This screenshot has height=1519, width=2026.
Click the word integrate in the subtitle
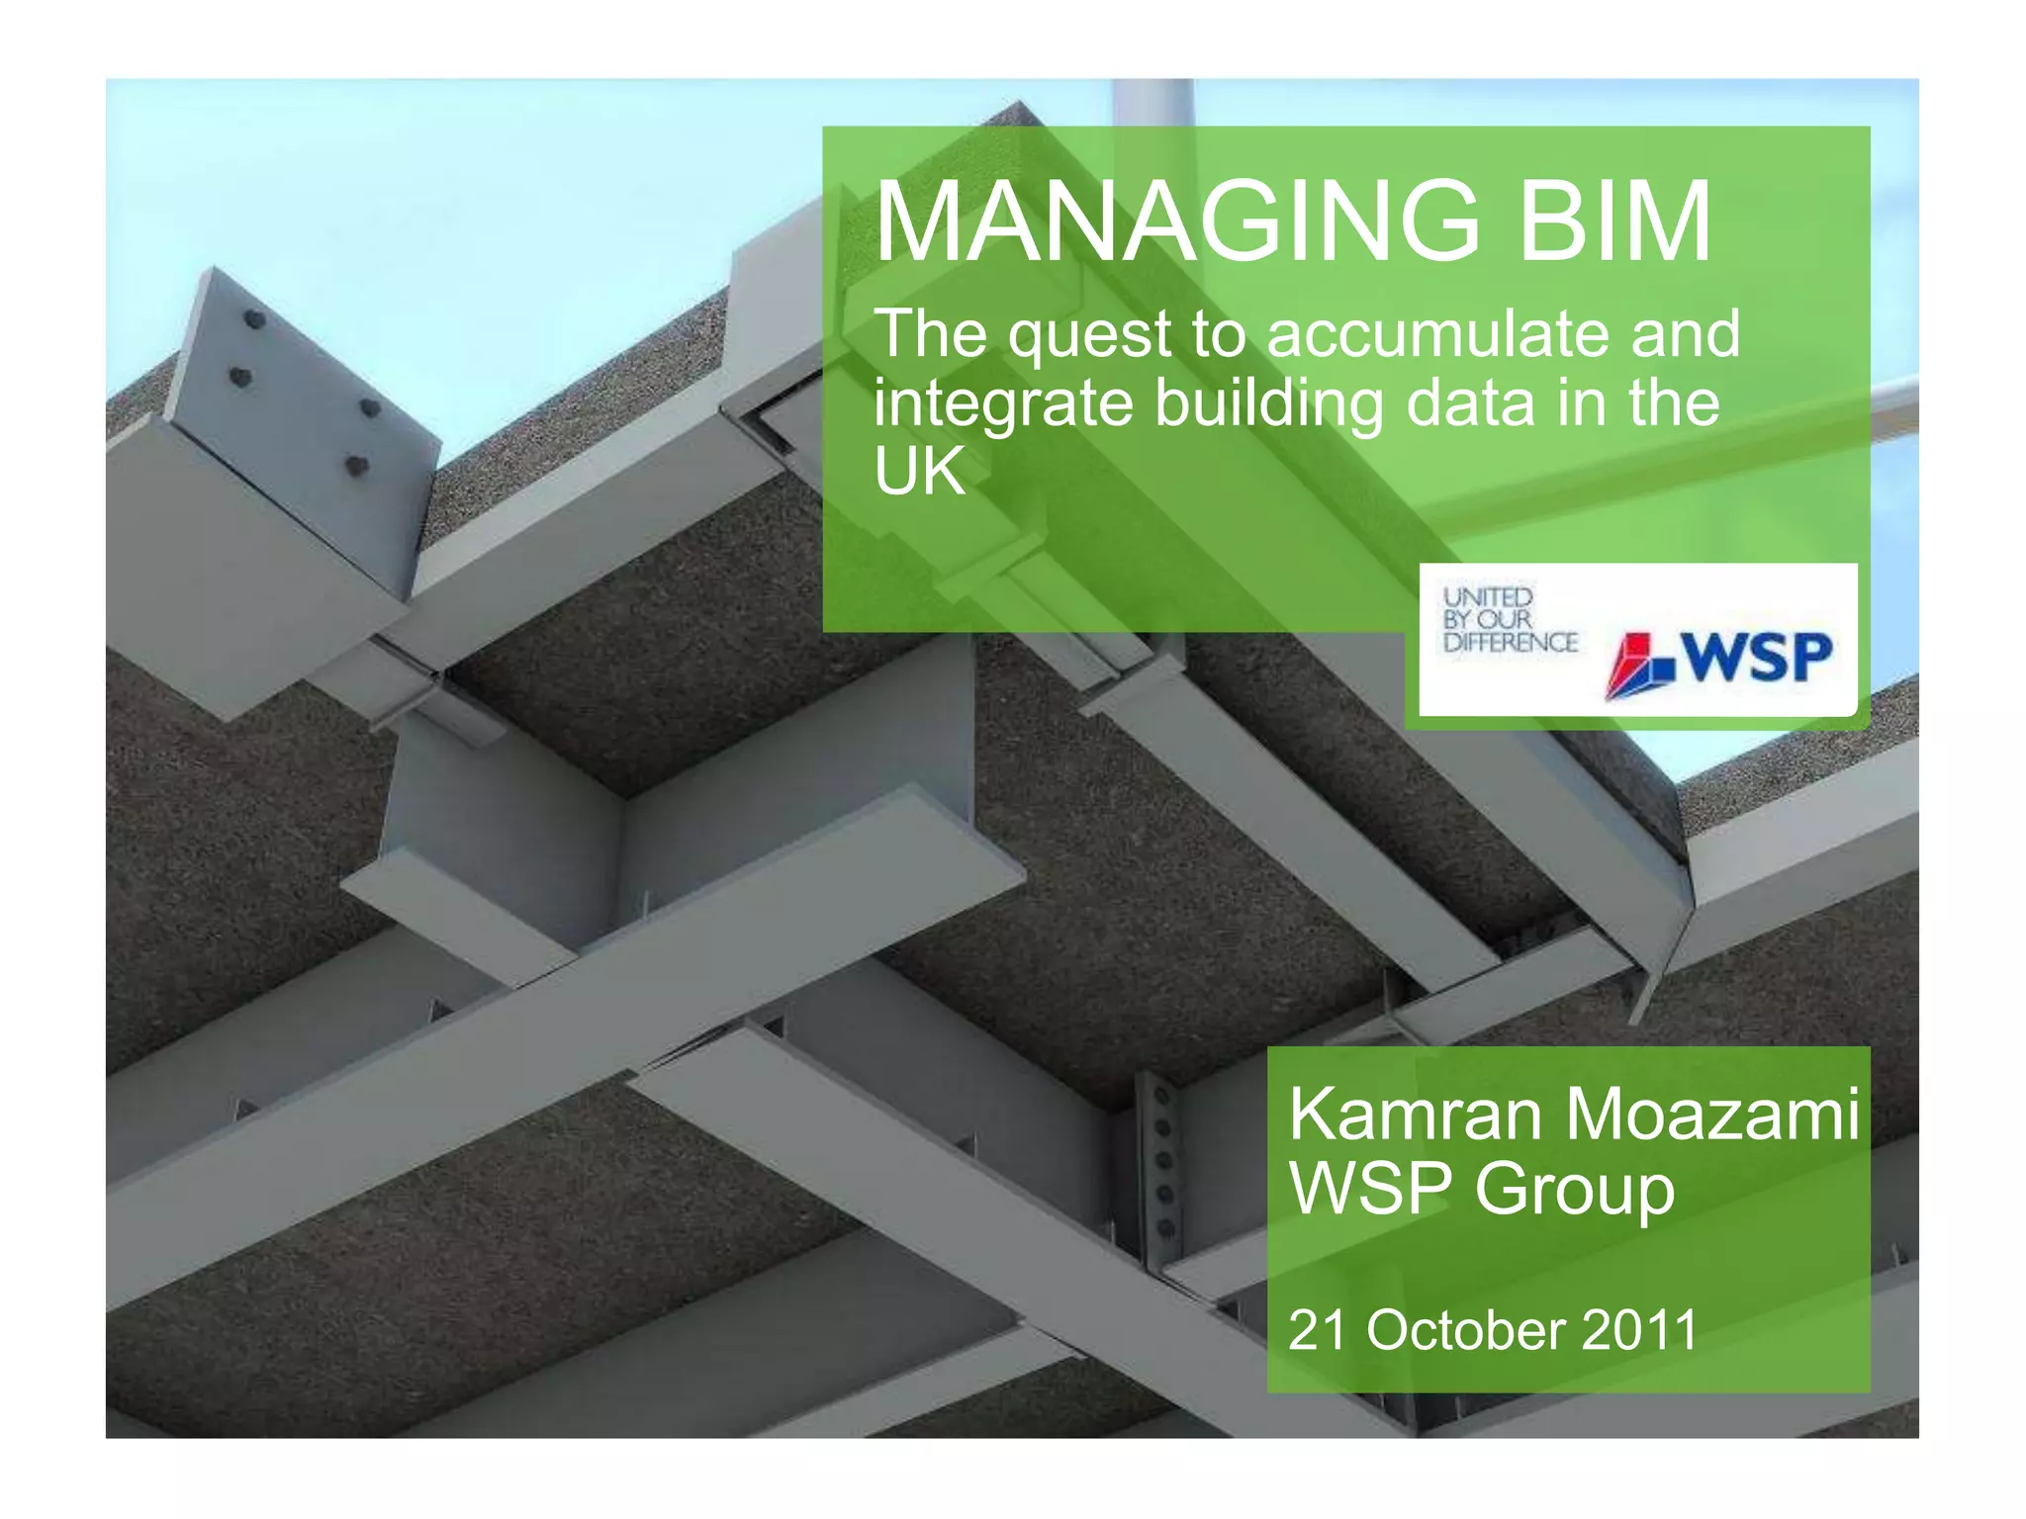pos(1002,405)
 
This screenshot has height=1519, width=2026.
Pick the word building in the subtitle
pos(1270,405)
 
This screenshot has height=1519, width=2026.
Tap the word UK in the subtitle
pos(919,472)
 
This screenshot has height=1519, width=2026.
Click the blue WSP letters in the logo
pos(1756,658)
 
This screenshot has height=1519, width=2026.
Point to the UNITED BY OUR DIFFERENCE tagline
pos(1509,620)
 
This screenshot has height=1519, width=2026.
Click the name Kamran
pos(1416,1115)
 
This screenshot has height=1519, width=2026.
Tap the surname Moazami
pos(1712,1115)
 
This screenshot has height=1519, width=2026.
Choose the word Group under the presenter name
pos(1575,1191)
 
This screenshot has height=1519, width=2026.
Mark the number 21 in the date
pos(1317,1330)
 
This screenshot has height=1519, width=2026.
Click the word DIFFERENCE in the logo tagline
pos(1510,643)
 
